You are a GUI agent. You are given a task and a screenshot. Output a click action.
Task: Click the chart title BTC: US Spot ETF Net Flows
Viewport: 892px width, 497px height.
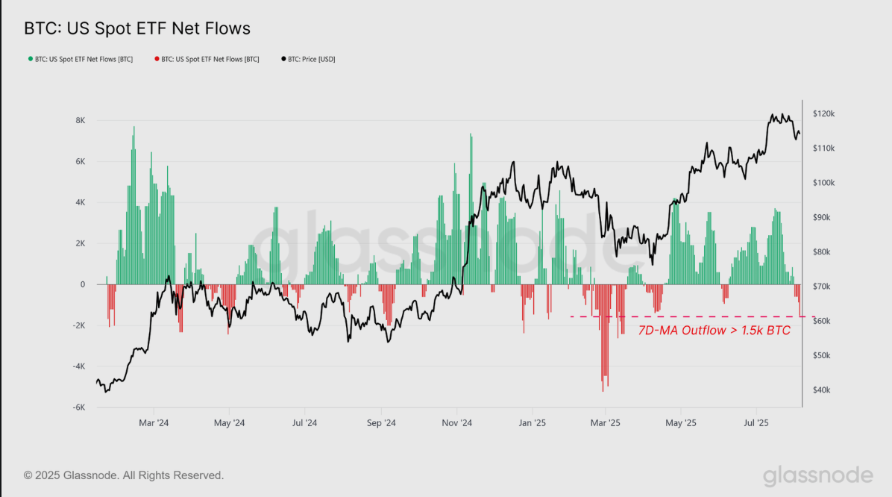(x=137, y=29)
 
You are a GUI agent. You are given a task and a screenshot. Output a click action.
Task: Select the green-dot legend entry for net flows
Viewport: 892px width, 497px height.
(x=81, y=59)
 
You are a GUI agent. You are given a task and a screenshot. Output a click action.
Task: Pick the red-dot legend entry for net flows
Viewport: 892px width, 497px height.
(x=207, y=59)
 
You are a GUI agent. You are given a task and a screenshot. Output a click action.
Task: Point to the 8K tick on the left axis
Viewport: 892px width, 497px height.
(x=80, y=121)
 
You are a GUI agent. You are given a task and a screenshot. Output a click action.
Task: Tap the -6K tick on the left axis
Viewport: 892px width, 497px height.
(x=78, y=408)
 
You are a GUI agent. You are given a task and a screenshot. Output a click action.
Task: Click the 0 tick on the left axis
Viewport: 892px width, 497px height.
(x=82, y=285)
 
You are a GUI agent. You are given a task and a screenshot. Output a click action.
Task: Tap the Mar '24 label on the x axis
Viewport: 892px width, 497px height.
(x=153, y=423)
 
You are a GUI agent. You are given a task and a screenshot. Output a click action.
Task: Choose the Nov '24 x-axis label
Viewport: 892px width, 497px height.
(x=456, y=423)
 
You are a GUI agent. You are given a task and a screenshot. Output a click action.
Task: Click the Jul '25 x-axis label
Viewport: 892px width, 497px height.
(x=756, y=423)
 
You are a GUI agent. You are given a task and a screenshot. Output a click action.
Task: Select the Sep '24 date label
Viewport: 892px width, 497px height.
(x=380, y=423)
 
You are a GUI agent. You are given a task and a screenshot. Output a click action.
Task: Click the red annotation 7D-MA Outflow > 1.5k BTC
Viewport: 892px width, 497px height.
(x=714, y=331)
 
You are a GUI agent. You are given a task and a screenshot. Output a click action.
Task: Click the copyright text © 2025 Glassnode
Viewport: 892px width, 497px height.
(x=124, y=475)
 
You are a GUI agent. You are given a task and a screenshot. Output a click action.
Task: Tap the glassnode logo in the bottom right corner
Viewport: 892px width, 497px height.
(x=817, y=475)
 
